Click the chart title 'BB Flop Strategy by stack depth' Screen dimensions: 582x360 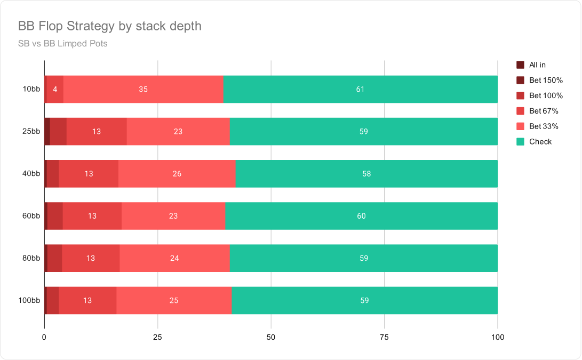coord(109,26)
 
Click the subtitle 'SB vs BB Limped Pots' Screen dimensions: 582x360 coord(63,43)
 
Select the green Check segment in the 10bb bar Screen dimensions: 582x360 coord(361,89)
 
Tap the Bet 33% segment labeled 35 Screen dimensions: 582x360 coord(143,89)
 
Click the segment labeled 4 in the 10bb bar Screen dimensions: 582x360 coord(55,89)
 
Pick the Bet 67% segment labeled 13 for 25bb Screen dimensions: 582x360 coord(97,131)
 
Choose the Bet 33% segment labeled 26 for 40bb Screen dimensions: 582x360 coord(177,174)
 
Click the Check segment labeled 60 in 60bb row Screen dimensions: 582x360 coord(362,216)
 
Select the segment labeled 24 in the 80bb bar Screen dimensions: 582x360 coord(174,258)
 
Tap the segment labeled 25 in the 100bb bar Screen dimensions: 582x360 coord(174,301)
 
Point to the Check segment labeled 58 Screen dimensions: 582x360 coord(366,174)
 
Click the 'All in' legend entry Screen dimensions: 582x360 coord(531,65)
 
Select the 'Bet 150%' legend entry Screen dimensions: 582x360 coord(540,80)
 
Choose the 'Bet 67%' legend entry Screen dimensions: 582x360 coord(538,111)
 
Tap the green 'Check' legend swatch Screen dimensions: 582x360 coord(520,142)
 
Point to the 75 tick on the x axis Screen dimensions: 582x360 coord(384,338)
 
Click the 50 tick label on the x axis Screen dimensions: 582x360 coord(271,338)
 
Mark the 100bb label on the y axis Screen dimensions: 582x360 coord(29,301)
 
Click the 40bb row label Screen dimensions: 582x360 coord(31,174)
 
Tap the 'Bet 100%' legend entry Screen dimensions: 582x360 coord(540,96)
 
